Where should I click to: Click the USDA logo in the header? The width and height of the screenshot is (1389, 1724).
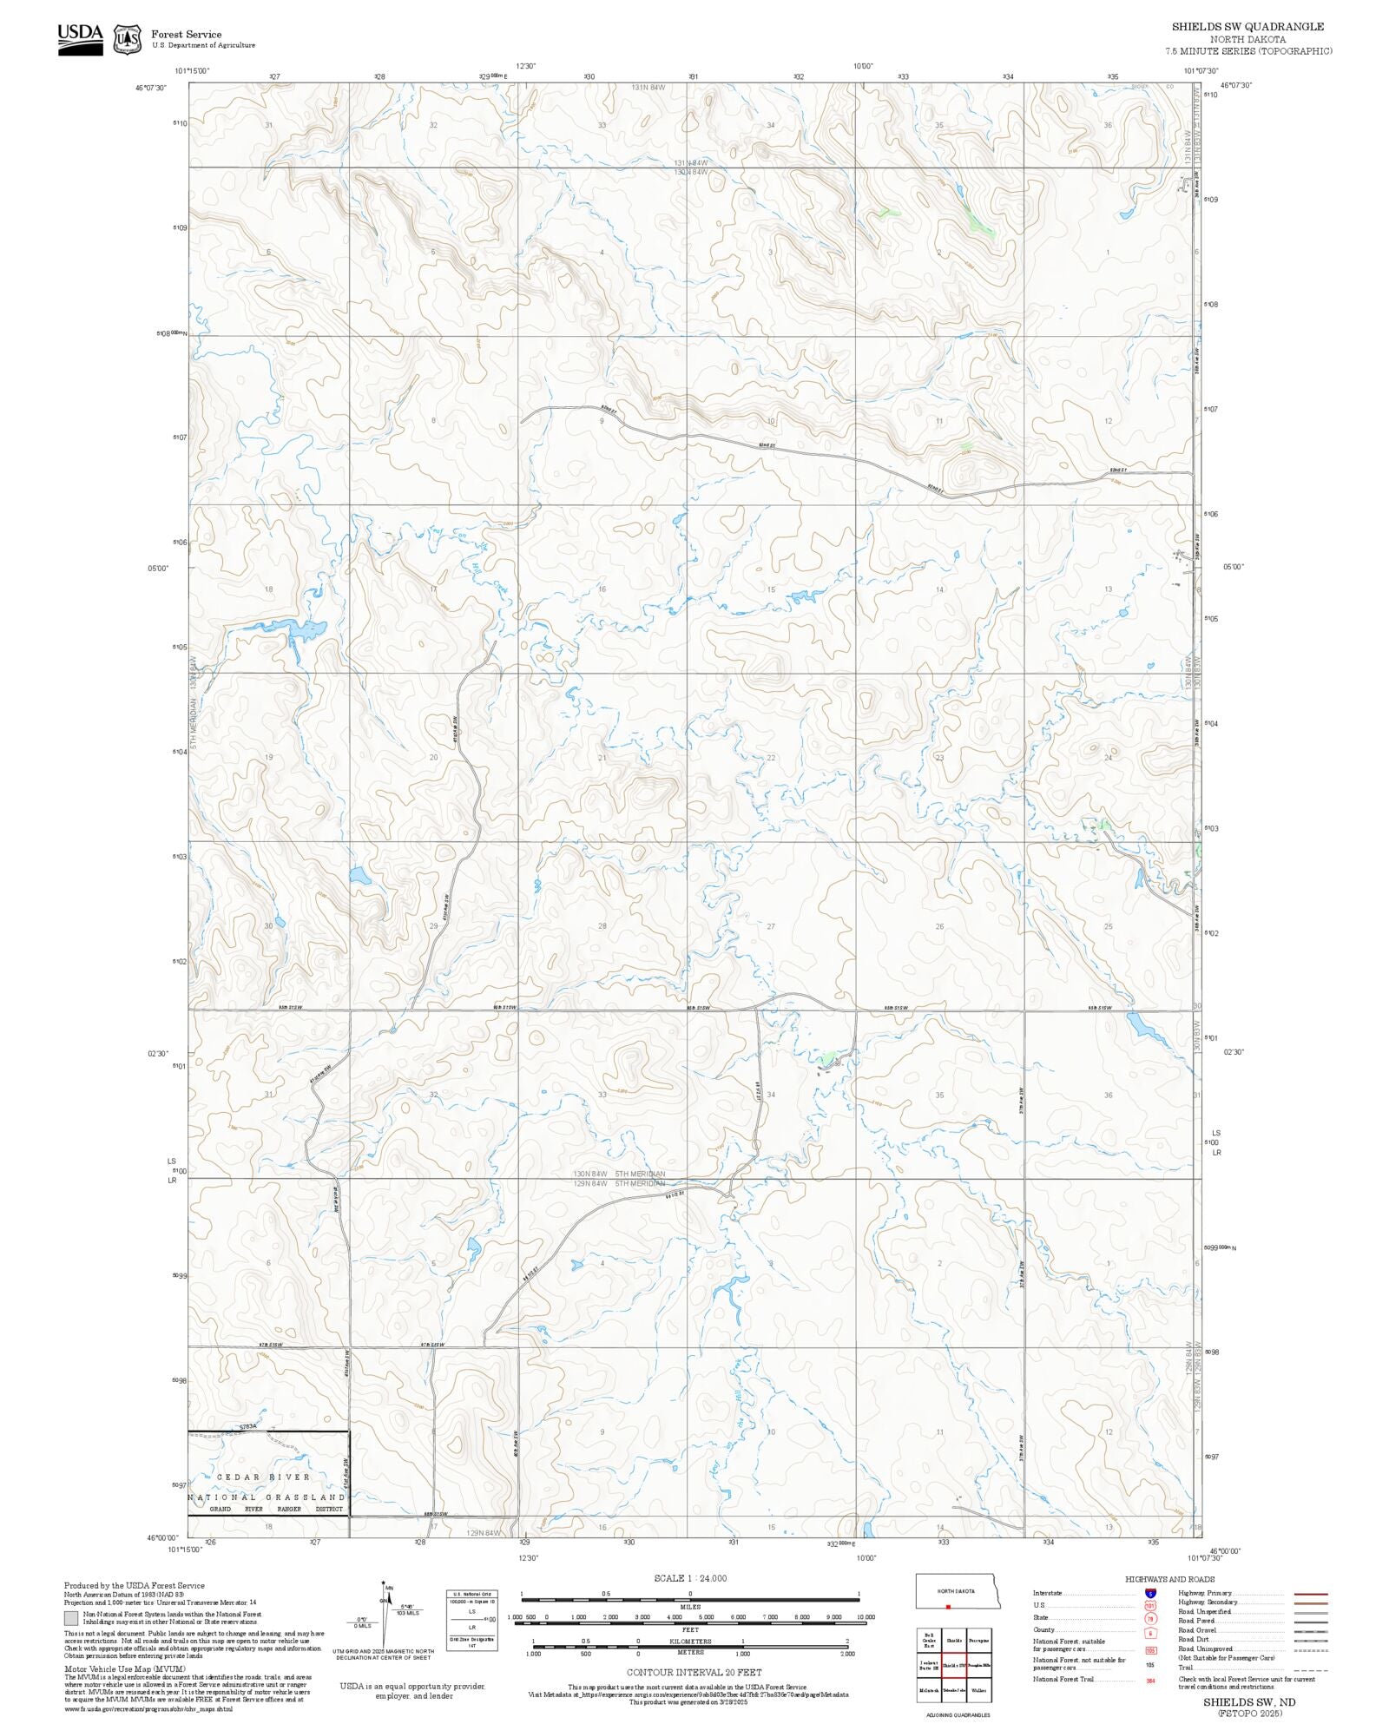point(80,39)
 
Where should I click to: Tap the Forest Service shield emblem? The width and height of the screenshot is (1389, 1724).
point(128,39)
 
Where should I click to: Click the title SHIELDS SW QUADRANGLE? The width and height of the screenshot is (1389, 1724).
point(1247,27)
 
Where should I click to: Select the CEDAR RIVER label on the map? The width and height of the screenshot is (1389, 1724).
point(263,1477)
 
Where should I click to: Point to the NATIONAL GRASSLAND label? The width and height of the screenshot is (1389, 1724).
point(267,1497)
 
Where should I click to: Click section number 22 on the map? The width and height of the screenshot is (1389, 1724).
point(771,758)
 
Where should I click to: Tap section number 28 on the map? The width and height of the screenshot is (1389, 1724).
point(602,926)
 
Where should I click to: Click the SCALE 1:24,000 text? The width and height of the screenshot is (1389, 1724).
point(690,1578)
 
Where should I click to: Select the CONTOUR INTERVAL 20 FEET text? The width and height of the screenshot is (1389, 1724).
point(694,1672)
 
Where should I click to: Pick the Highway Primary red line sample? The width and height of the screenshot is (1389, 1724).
point(1311,1594)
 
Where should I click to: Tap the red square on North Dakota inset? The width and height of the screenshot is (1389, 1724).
point(949,1607)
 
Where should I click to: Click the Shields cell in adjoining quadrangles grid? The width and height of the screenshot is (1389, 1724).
point(954,1641)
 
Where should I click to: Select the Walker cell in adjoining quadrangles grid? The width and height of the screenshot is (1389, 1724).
point(978,1690)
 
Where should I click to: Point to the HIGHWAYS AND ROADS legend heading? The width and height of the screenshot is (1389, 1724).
point(1169,1579)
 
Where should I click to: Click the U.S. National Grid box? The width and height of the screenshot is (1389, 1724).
point(472,1620)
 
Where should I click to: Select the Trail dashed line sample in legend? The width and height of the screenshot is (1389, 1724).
point(1311,1668)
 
